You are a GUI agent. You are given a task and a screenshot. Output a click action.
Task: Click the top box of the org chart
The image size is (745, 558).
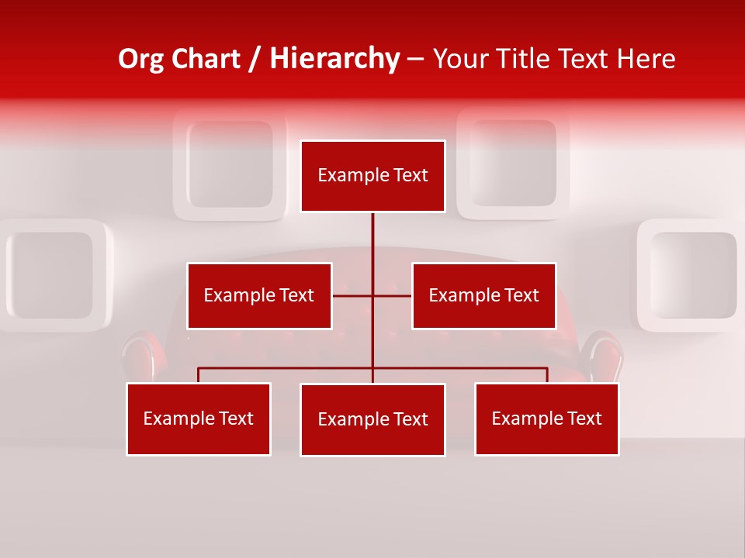372,176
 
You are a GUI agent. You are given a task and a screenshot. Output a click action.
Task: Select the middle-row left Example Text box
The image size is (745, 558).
259,295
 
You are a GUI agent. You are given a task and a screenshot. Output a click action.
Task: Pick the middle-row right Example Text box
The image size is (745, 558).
483,295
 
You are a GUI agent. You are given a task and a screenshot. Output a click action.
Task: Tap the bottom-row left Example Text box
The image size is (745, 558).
199,418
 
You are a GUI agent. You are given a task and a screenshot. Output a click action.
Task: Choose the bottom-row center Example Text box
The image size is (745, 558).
372,419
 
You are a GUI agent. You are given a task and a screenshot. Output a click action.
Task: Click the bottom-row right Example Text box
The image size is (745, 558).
546,418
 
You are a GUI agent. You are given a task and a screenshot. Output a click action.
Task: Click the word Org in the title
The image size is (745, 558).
140,59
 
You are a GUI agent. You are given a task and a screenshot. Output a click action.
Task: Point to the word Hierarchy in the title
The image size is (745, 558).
334,59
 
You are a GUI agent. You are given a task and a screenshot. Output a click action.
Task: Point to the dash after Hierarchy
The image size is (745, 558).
415,59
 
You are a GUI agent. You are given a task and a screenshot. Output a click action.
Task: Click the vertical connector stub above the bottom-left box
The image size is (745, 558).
199,375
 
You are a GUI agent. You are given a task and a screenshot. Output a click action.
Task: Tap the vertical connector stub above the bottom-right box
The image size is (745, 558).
547,375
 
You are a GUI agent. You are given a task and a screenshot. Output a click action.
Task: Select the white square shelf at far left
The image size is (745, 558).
50,275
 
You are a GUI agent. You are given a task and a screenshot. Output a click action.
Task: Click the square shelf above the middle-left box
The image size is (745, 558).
230,164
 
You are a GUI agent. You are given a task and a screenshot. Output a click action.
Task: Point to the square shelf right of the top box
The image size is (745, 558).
513,163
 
